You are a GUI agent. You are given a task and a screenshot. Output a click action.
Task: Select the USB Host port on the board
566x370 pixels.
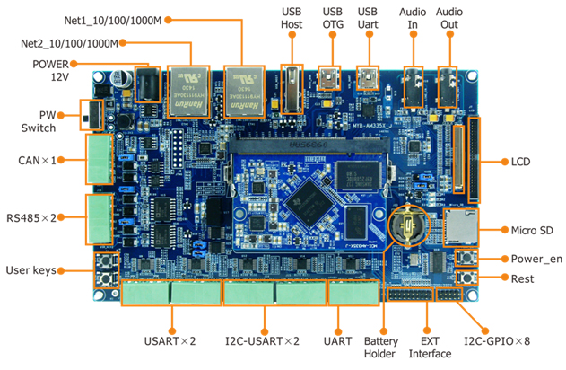tap(290, 87)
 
